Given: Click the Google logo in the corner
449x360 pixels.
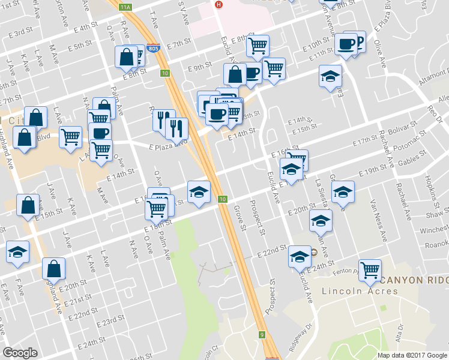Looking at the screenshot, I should (20, 353).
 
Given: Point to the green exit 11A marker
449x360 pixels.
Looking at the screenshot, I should (125, 7).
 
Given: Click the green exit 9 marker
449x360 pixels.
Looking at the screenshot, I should (262, 334).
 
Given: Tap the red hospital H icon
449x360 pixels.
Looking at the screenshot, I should (219, 4).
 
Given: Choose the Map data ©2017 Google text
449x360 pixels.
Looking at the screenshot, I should (412, 355).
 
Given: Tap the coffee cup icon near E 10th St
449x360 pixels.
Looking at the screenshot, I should (346, 43).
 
